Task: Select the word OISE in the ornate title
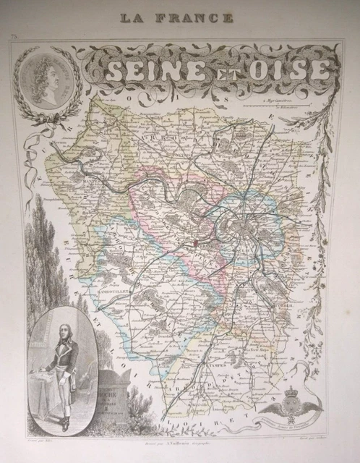[x=292, y=70]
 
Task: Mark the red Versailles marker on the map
[x=196, y=245]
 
